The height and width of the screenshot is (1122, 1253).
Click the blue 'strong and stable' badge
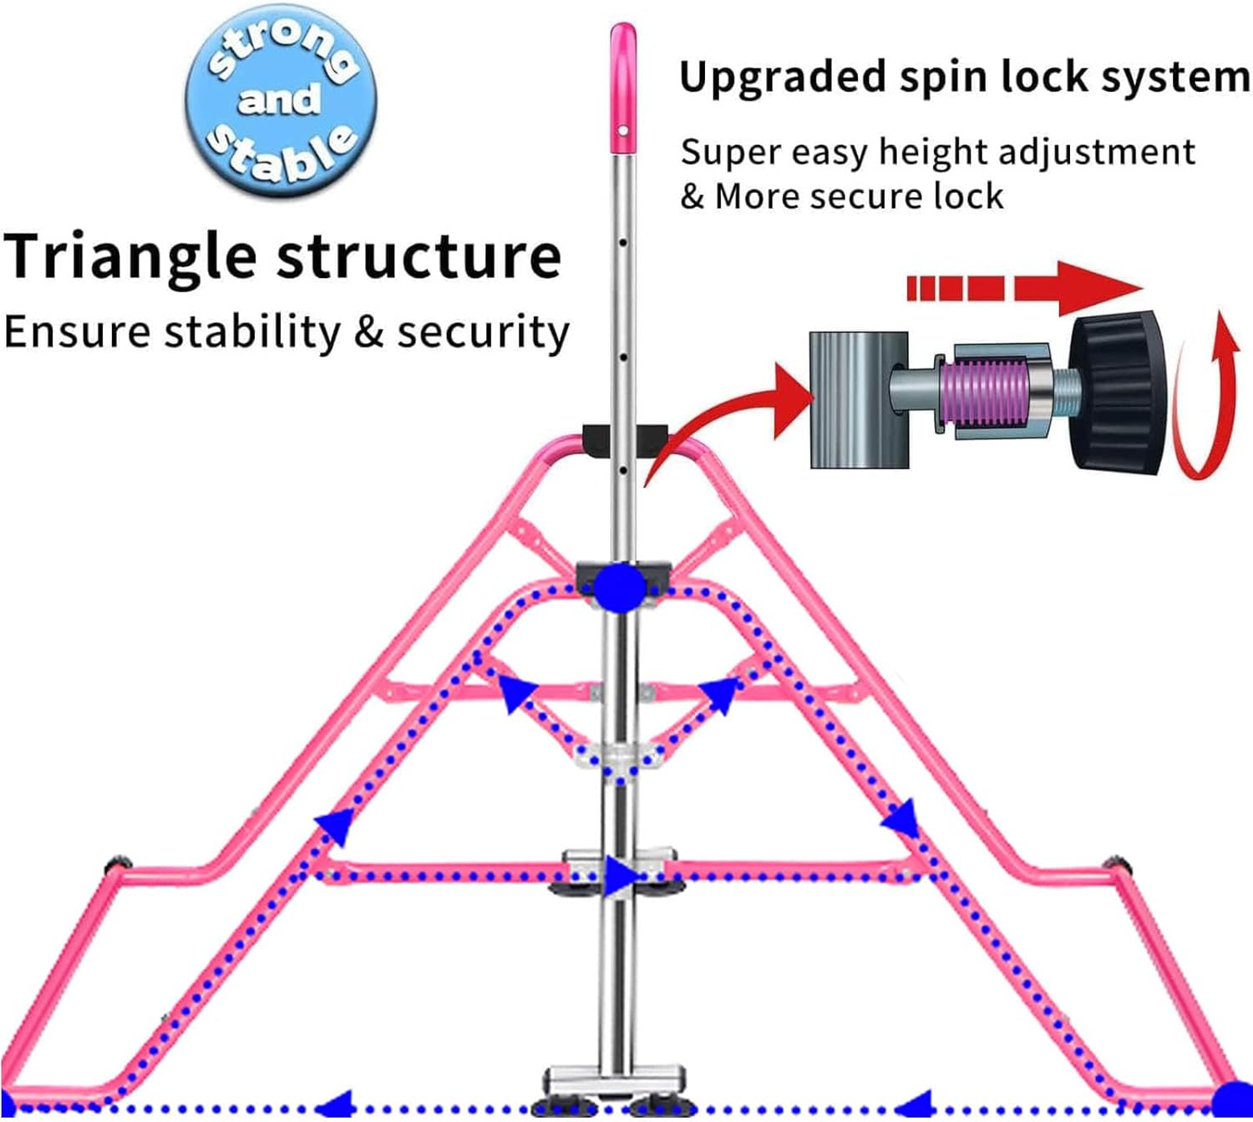(281, 100)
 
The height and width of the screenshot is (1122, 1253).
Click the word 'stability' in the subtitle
(252, 333)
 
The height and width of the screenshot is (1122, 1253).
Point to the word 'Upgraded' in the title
(783, 78)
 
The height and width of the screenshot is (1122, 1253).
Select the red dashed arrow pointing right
(1023, 288)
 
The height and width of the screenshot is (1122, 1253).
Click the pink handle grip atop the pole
(623, 88)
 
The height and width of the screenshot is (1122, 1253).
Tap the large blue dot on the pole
(619, 586)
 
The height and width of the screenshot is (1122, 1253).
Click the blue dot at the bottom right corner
(1232, 1101)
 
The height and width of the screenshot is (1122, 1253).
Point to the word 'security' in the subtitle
(483, 333)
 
